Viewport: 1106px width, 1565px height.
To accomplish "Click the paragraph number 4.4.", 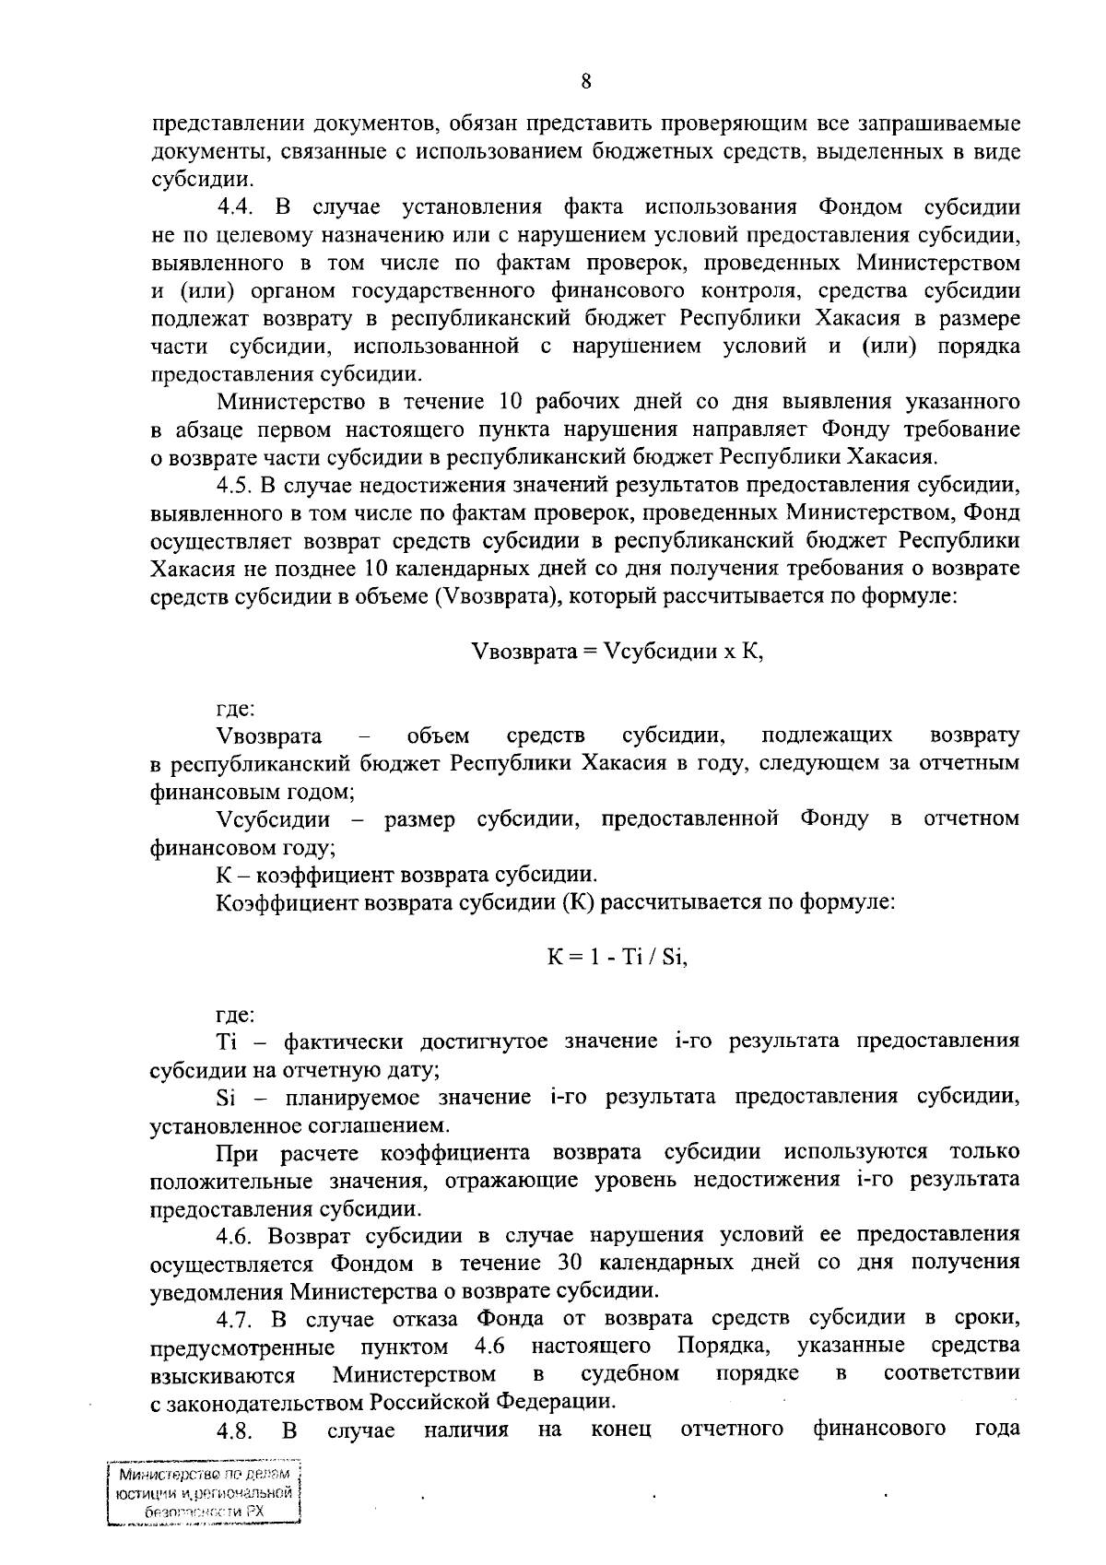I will pos(236,206).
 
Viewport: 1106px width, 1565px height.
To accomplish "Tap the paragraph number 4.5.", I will pos(236,485).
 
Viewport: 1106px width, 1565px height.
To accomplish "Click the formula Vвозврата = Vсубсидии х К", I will pos(617,651).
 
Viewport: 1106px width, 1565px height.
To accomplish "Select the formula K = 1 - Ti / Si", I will pos(617,957).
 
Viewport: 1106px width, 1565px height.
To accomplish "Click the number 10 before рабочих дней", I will pos(512,402).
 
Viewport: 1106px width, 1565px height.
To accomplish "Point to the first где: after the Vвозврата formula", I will pos(235,709).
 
